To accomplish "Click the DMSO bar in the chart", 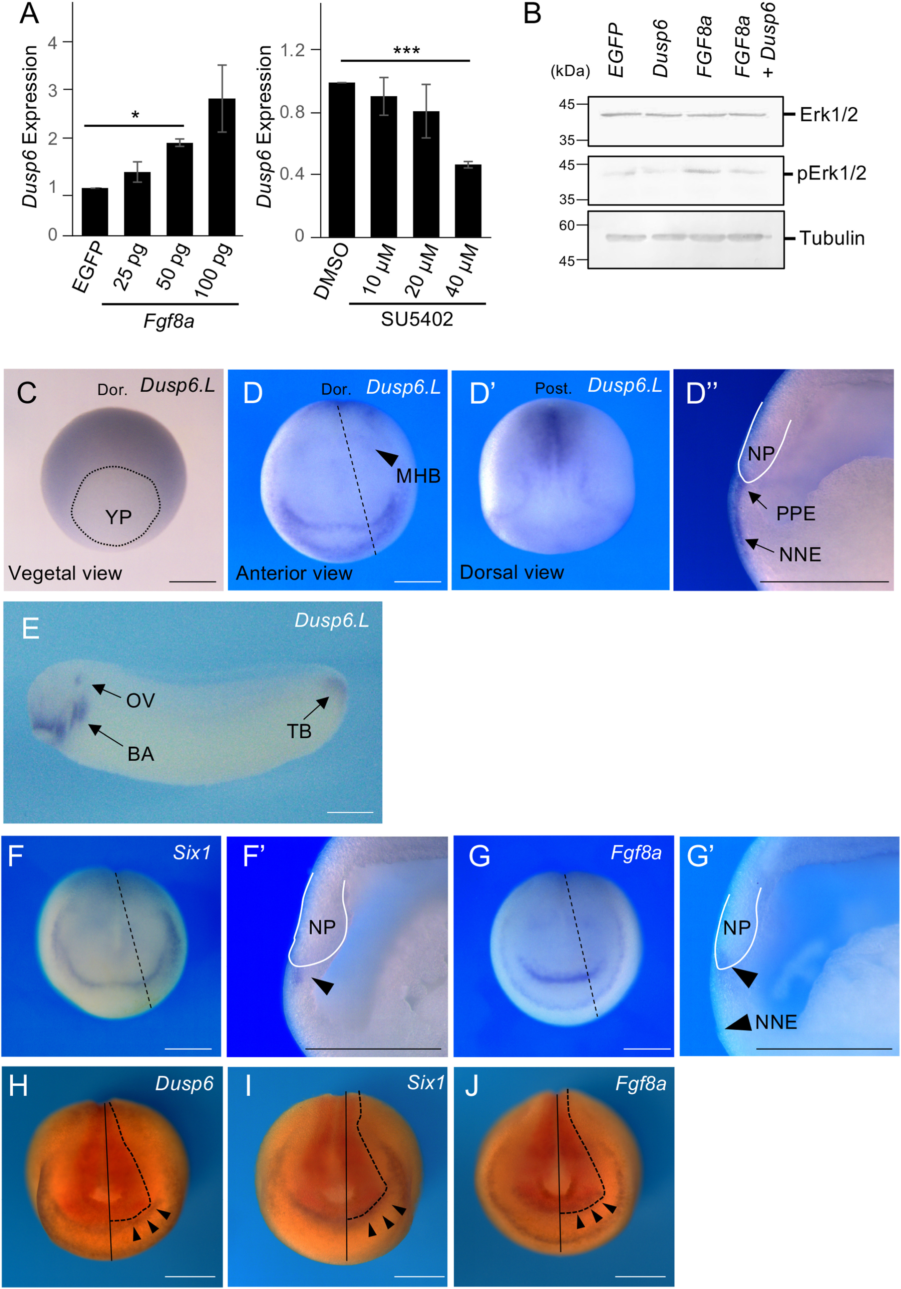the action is coord(342,160).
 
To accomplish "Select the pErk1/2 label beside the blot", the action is coord(831,174).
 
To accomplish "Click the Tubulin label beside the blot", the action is coord(832,238).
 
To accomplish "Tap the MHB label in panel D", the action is coord(418,476).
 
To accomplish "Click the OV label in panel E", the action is coord(140,701).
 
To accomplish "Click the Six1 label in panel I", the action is coord(426,1082).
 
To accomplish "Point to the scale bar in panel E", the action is coord(350,812).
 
